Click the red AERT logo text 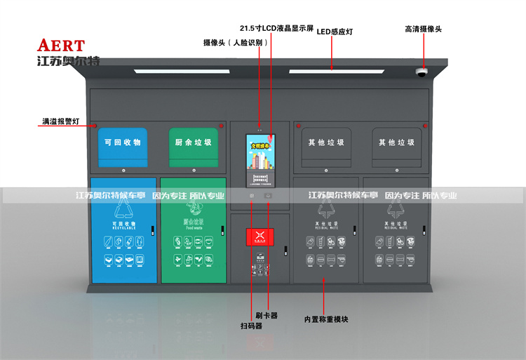point(61,46)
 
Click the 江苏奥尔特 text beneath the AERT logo point(68,61)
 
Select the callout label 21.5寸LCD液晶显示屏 point(276,29)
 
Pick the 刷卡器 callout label point(267,316)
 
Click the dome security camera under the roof point(422,72)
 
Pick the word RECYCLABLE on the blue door point(123,228)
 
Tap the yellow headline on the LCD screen point(262,147)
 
